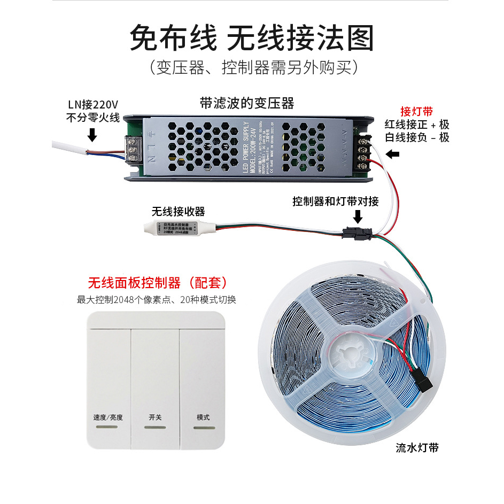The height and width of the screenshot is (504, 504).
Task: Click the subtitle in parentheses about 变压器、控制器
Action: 252,67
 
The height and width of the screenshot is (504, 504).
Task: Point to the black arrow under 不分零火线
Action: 92,134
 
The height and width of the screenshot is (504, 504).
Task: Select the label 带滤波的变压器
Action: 247,102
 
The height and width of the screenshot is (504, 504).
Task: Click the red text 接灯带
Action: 416,112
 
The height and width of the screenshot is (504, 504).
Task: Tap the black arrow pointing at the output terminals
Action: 393,154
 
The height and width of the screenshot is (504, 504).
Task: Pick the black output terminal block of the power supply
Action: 366,145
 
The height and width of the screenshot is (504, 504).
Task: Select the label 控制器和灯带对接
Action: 336,201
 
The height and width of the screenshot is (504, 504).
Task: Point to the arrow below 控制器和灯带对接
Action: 357,216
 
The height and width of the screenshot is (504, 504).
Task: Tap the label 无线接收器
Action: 178,211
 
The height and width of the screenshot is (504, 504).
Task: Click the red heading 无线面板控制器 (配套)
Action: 158,282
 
